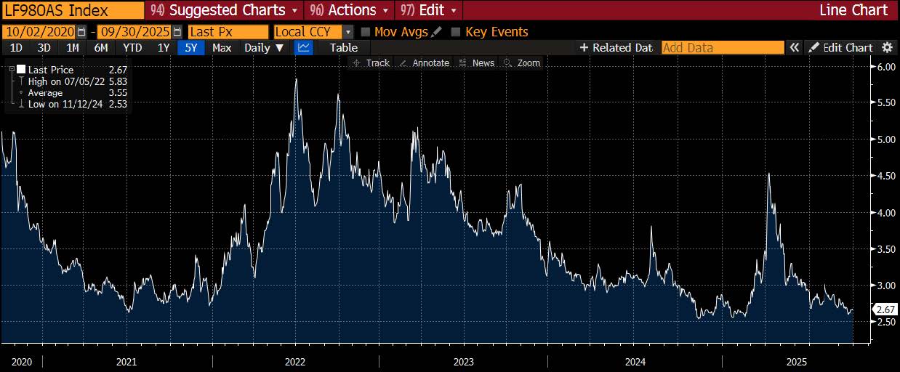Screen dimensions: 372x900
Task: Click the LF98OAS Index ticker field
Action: (72, 10)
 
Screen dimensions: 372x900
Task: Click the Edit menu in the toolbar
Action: (430, 10)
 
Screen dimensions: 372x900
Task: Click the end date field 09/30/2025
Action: (134, 32)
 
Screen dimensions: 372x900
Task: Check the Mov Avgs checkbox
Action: (366, 32)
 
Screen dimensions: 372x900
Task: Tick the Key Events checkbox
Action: (456, 32)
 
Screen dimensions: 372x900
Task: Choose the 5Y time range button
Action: (190, 48)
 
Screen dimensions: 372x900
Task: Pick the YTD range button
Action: (132, 48)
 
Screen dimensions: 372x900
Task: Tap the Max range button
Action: (222, 48)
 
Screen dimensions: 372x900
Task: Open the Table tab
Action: (344, 48)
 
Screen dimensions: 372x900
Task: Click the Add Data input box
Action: (722, 48)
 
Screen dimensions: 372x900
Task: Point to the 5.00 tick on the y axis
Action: (884, 139)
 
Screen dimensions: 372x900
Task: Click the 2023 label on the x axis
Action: (463, 362)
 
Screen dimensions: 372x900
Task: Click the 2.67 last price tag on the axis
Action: (885, 310)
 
